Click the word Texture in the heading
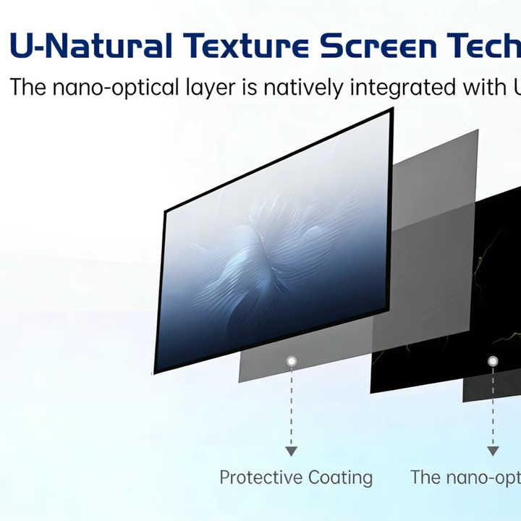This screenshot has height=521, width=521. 246,46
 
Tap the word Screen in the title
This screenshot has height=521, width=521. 378,46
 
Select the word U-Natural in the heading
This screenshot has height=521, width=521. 91,46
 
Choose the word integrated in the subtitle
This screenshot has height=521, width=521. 403,88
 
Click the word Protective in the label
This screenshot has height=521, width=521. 260,478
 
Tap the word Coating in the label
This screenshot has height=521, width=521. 340,478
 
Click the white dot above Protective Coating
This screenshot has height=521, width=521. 292,361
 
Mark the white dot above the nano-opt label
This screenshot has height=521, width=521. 493,361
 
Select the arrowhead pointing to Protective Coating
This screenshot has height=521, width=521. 292,452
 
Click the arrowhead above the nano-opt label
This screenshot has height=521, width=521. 493,452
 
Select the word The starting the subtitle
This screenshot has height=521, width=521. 28,87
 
